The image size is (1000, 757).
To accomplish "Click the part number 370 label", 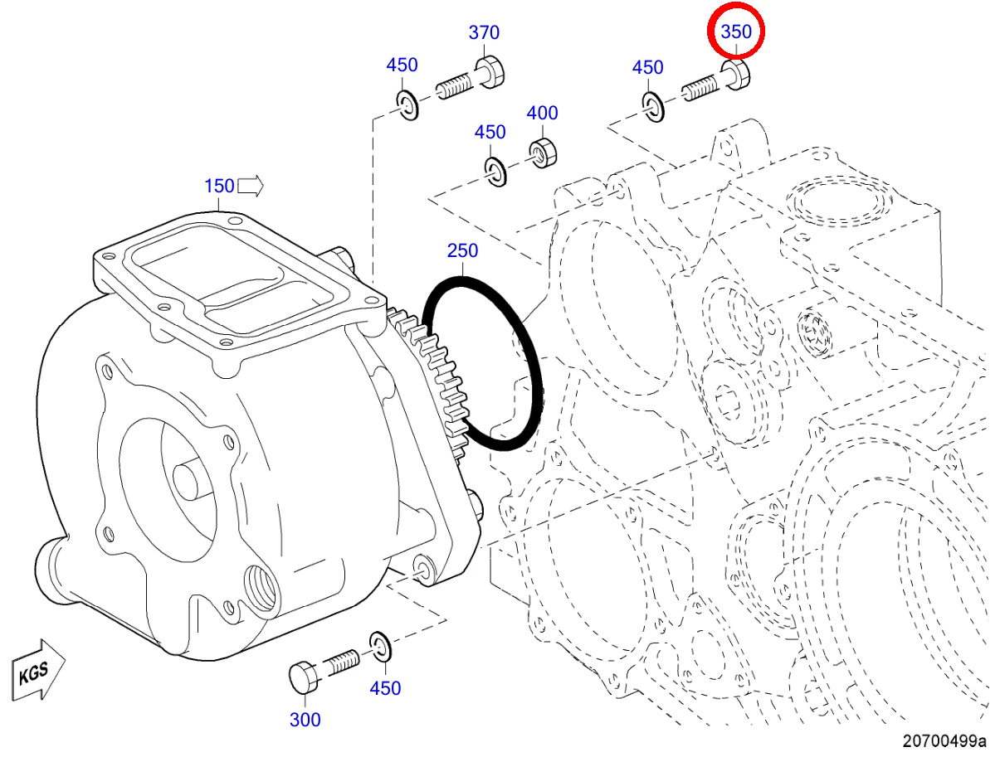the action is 484,32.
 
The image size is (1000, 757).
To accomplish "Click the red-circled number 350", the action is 736,32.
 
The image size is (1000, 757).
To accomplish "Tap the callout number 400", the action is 542,113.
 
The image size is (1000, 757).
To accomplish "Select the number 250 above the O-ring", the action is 462,250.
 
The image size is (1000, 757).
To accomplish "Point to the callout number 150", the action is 219,186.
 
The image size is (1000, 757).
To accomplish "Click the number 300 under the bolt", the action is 305,720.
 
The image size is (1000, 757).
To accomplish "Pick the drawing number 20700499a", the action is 944,741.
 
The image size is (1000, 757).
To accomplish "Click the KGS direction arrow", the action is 38,670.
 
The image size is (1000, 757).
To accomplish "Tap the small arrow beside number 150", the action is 251,187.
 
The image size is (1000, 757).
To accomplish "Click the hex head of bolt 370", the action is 490,71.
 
